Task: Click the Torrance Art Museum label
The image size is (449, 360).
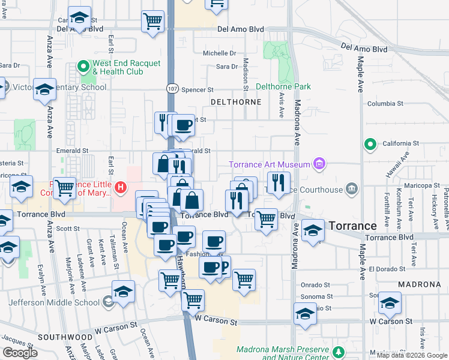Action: (270, 164)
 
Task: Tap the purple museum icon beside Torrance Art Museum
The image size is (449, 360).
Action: (319, 164)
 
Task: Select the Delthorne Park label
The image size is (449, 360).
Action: (283, 86)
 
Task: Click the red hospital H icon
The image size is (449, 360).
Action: (121, 188)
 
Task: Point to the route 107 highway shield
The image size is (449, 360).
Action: (171, 88)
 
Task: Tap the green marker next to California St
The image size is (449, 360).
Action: (370, 144)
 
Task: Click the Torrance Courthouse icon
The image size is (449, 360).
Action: (352, 189)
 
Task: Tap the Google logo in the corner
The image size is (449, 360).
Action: (20, 353)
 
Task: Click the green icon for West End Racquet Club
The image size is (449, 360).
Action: (83, 66)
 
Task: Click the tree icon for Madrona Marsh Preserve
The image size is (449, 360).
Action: (339, 352)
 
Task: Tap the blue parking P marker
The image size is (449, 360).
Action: (224, 266)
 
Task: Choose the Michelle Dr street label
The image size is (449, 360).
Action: (219, 53)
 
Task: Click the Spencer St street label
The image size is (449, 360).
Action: (197, 89)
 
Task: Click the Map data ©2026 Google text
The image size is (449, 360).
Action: (411, 355)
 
